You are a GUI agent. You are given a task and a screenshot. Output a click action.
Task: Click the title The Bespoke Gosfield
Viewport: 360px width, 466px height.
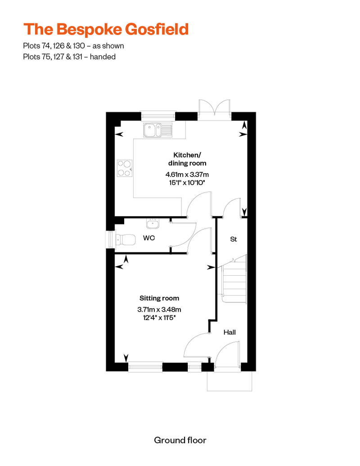106,29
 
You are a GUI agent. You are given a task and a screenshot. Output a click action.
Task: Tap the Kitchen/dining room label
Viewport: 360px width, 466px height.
187,159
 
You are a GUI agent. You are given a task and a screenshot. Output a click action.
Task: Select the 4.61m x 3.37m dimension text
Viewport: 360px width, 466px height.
187,175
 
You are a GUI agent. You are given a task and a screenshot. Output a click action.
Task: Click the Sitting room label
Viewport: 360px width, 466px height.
159,298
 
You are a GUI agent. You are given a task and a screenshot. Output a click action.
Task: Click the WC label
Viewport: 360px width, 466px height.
149,237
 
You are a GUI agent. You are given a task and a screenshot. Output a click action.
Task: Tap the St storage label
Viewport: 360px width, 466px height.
234,239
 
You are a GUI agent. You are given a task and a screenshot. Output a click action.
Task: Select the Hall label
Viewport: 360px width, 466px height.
230,332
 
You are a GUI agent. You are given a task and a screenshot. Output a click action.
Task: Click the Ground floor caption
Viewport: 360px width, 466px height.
180,440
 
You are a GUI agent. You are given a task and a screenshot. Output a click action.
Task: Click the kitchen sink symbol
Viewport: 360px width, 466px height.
157,131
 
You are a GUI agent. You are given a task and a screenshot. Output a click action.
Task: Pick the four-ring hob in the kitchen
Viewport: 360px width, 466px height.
125,168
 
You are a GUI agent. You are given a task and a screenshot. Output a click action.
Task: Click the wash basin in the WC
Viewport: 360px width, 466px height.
153,223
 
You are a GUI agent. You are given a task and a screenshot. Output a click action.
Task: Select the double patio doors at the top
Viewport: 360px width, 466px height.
214,110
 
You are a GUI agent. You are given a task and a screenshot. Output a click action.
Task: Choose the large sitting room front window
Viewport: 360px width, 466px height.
145,367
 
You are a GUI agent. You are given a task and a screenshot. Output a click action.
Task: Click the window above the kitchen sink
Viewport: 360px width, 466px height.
157,116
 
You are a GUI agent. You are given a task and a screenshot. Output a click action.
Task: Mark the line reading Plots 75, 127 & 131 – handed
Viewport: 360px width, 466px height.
69,57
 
